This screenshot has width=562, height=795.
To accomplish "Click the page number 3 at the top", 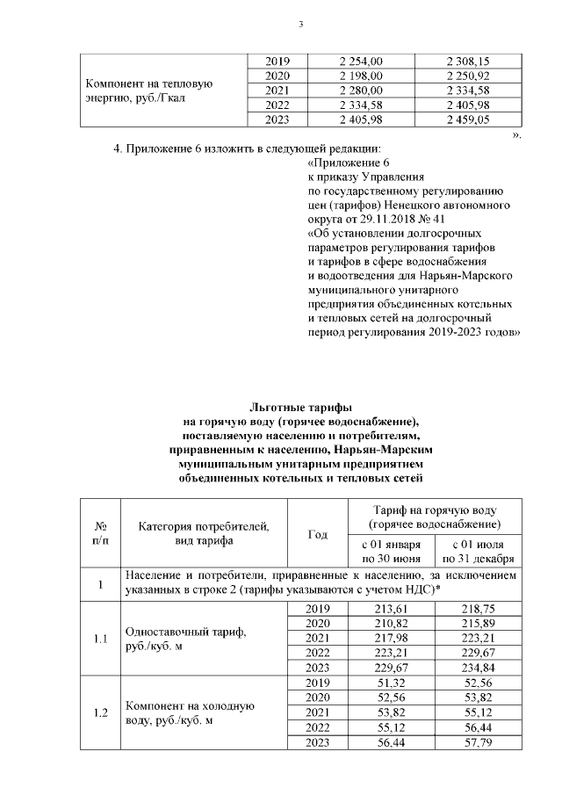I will coord(300,24).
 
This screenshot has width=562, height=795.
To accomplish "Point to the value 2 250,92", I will coord(467,76).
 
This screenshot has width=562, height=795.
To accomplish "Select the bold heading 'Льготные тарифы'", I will coord(300,408).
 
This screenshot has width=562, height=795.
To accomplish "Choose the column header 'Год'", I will coord(319,534).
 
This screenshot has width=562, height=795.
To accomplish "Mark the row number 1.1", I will coord(100,639).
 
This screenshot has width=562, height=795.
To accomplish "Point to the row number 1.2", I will coord(100,712).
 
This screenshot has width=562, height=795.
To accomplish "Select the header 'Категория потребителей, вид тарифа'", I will coord(204,534).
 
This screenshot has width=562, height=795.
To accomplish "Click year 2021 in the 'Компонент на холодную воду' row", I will coord(319,712).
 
